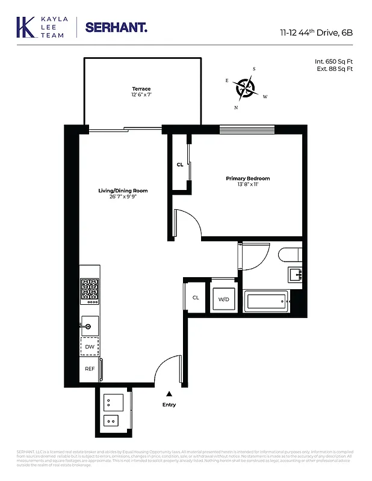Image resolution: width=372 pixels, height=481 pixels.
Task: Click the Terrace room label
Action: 141,89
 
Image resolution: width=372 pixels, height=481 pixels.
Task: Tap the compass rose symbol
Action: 246,88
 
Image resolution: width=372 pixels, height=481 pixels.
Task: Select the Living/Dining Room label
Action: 123,191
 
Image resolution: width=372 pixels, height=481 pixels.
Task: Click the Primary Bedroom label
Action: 247,179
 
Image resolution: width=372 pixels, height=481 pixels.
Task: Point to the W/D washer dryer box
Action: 223,299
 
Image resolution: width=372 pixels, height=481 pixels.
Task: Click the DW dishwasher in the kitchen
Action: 89,347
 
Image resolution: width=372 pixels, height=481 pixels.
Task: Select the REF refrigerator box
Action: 89,369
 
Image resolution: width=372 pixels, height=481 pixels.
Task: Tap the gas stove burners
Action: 90,290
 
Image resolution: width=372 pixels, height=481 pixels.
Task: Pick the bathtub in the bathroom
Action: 266,301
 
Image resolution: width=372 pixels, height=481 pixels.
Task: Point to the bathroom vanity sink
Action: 295,275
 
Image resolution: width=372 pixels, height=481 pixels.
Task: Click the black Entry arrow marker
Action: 169,393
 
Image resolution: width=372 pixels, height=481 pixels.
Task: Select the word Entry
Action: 169,405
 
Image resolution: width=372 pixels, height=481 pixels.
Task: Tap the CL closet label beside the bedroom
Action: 180,164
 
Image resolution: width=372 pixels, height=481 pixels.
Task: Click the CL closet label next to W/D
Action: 196,298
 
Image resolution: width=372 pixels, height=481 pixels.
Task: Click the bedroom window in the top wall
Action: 247,129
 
